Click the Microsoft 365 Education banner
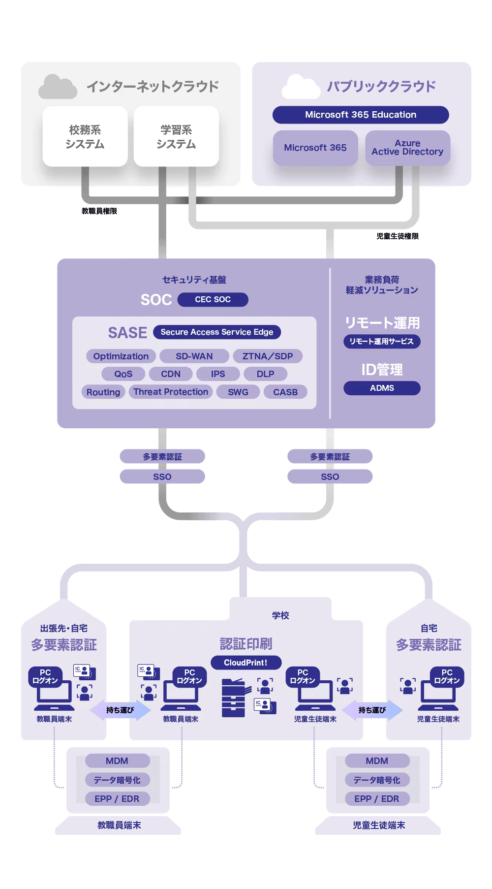pos(361,115)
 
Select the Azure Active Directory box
pos(407,148)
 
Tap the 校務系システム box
pos(85,137)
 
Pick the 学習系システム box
pos(176,137)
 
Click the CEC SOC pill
pos(213,299)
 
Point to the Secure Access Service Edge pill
pos(216,332)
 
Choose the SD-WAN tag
pos(194,356)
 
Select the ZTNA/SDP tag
pos(268,356)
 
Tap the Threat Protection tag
pos(171,392)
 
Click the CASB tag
pos(285,392)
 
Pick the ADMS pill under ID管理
pos(382,388)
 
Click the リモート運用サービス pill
pos(382,341)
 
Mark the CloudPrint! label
pos(246,663)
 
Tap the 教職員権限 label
pos(99,211)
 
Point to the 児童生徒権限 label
pos(398,236)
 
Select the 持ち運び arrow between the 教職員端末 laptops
pos(120,710)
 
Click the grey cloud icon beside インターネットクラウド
pos(58,87)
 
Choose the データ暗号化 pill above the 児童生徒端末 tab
pos(377,780)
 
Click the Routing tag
pos(103,392)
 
